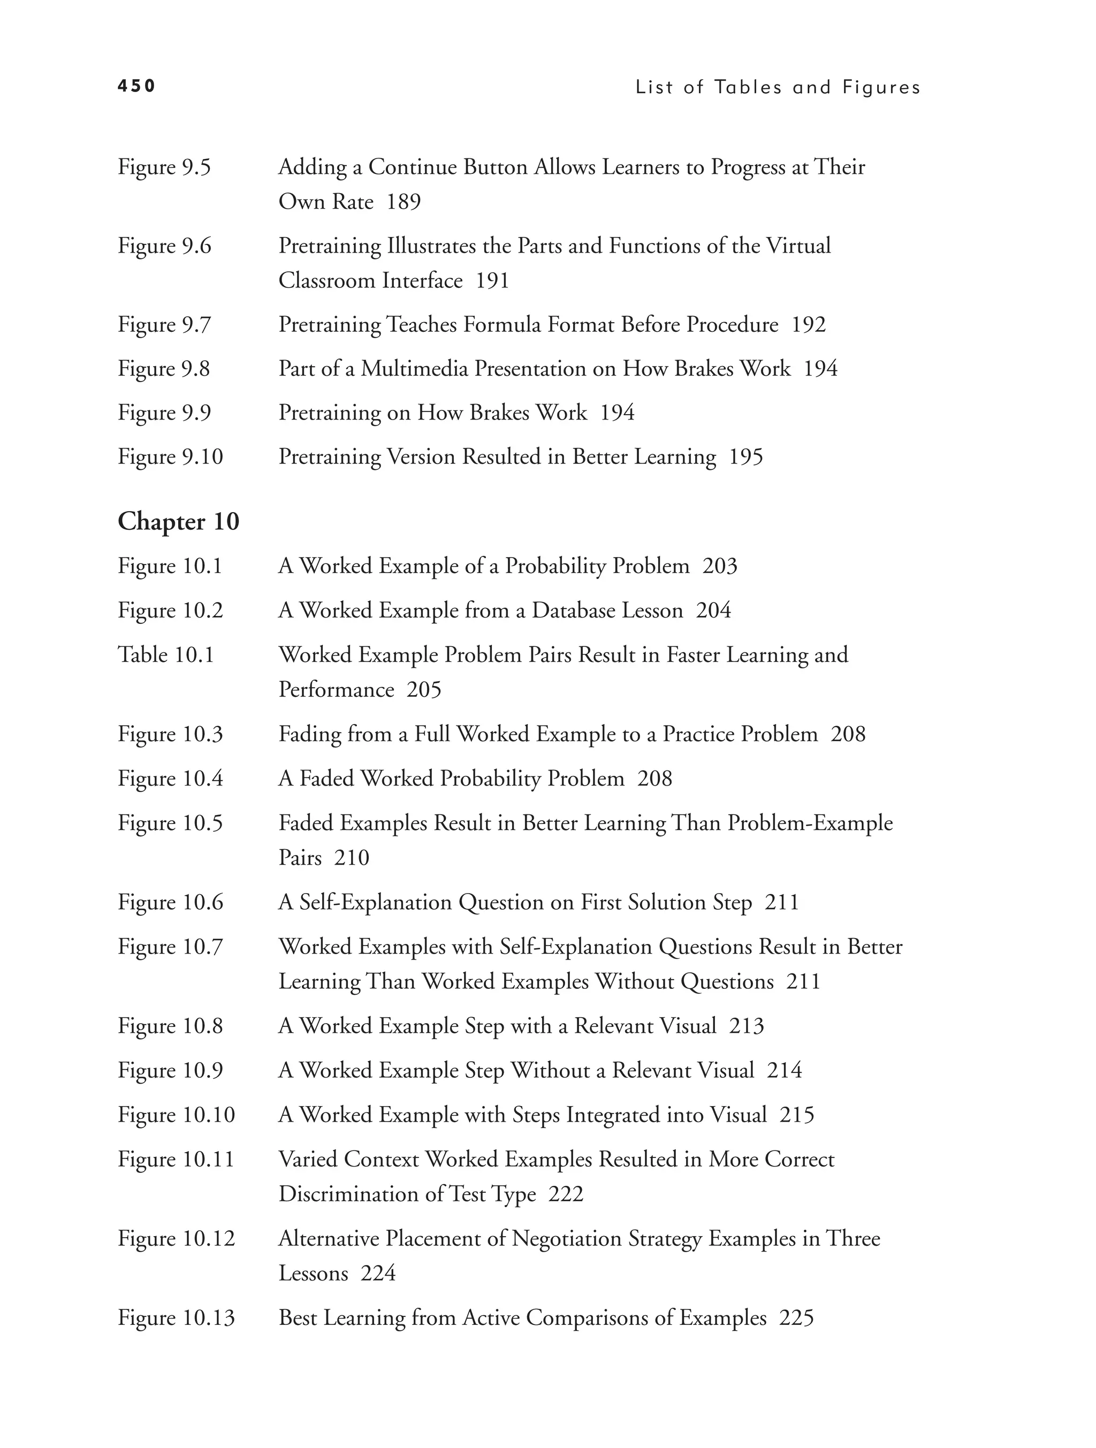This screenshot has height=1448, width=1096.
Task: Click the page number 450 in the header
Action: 136,86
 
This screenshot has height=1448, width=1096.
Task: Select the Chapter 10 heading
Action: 178,522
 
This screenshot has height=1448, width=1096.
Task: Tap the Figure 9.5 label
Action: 164,167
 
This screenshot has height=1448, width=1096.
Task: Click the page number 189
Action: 404,202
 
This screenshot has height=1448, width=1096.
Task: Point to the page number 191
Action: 492,281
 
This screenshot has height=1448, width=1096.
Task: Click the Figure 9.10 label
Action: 170,457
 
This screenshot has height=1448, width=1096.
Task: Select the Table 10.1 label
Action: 166,656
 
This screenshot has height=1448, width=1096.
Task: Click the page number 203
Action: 720,566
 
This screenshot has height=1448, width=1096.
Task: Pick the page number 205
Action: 424,690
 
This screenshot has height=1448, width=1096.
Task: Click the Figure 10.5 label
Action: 170,824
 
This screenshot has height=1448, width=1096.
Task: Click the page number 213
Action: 747,1026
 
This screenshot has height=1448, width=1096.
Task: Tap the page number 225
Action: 796,1318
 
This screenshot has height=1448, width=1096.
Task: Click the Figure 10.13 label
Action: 176,1318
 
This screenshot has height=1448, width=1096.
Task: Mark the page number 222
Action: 566,1195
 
